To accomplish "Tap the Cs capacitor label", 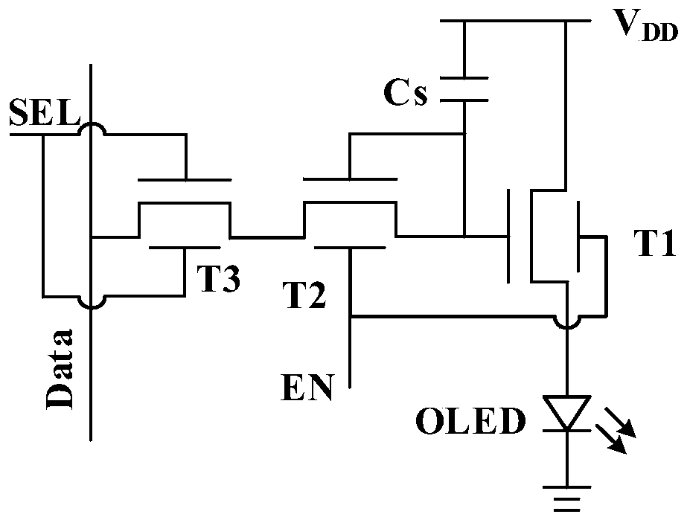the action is point(405,92).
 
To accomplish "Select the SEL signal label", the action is point(45,112).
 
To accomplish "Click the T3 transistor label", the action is point(218,279).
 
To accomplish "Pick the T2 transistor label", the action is point(306,295).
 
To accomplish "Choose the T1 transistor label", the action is point(655,243).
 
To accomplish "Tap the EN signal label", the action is point(307,388).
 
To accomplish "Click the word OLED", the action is point(470,421).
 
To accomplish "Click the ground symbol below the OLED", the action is point(567,498).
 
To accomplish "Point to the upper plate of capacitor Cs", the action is point(464,78).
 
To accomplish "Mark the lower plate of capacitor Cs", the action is point(464,100).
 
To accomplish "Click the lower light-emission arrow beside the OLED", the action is point(610,440).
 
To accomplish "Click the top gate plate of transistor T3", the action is point(185,179).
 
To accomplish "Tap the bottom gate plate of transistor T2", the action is point(350,248).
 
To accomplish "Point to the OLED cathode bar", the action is point(567,431).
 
